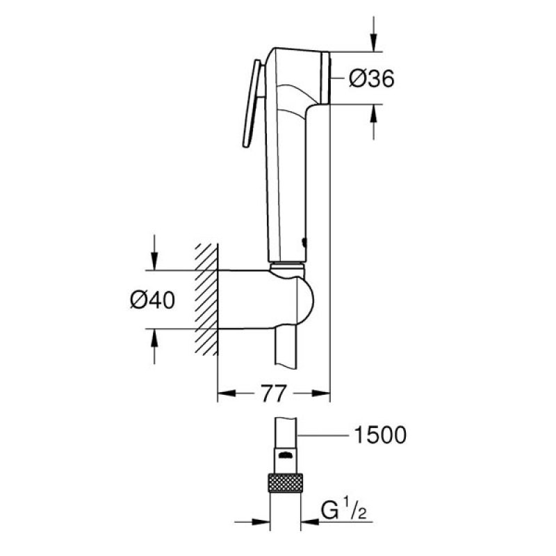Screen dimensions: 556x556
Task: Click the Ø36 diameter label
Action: pyautogui.click(x=371, y=79)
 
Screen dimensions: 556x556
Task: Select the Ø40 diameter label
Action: pyautogui.click(x=152, y=300)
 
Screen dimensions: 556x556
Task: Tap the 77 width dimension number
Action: pyautogui.click(x=273, y=393)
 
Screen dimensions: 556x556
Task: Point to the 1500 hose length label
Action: pyautogui.click(x=380, y=435)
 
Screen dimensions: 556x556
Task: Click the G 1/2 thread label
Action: pyautogui.click(x=343, y=511)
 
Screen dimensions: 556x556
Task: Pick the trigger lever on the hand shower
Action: pyautogui.click(x=252, y=103)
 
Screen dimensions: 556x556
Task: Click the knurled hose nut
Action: pyautogui.click(x=285, y=482)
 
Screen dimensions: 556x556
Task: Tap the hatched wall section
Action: pyautogui.click(x=206, y=300)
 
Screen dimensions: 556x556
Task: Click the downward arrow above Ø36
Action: pyautogui.click(x=373, y=34)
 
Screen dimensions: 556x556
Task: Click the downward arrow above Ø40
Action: pyautogui.click(x=154, y=252)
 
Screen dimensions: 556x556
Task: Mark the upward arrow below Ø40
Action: pyautogui.click(x=154, y=346)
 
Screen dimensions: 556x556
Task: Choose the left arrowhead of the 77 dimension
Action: pyautogui.click(x=227, y=393)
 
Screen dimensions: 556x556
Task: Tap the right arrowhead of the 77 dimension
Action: pyautogui.click(x=321, y=393)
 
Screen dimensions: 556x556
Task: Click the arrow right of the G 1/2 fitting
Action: pyautogui.click(x=310, y=522)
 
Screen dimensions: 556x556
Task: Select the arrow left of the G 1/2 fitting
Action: pyautogui.click(x=252, y=522)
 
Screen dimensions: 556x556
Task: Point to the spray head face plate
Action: pyautogui.click(x=325, y=78)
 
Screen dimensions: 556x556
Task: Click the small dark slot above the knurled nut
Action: pyautogui.click(x=285, y=455)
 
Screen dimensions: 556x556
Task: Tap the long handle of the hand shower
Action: pyautogui.click(x=286, y=177)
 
